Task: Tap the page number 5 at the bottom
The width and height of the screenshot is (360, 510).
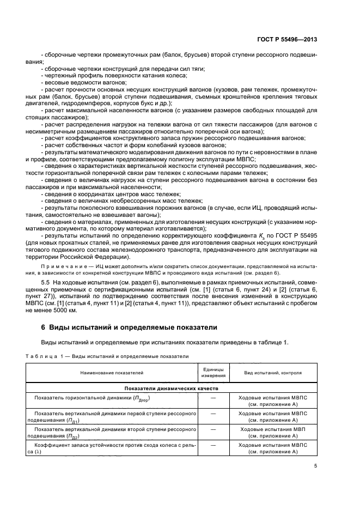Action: tap(315, 466)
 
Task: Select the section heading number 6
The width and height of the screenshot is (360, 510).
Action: tap(44, 327)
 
